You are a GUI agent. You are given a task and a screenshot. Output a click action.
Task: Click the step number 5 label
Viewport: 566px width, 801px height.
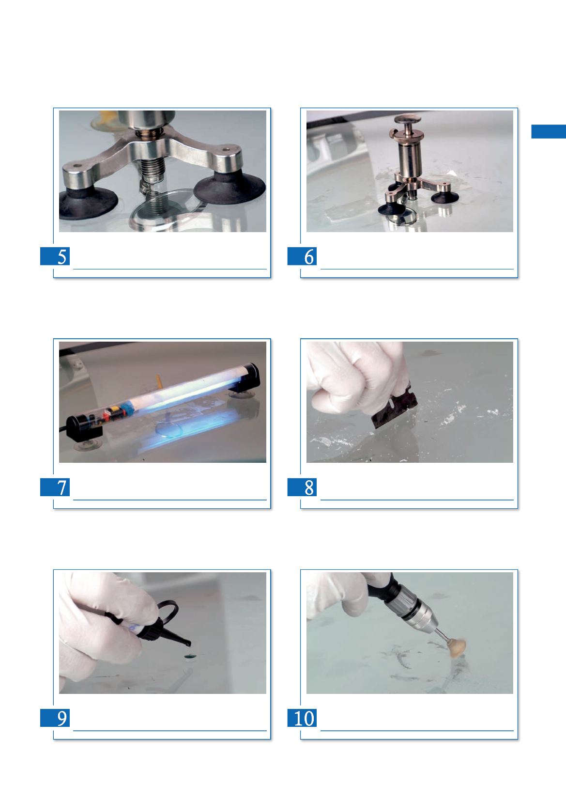click(55, 256)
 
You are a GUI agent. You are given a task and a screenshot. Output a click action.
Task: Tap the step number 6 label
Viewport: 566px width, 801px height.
click(302, 256)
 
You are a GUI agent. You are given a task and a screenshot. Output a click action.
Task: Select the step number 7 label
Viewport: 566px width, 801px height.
click(55, 487)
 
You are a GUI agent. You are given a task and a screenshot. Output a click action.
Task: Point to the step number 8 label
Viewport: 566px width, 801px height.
click(302, 487)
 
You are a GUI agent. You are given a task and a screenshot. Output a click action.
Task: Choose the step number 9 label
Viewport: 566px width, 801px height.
click(55, 718)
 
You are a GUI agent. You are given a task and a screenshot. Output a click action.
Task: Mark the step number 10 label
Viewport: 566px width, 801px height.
click(302, 718)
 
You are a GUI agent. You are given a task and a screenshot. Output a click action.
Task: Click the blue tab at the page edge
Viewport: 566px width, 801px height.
click(549, 131)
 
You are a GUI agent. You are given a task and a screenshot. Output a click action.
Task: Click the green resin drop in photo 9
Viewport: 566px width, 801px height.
click(190, 656)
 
